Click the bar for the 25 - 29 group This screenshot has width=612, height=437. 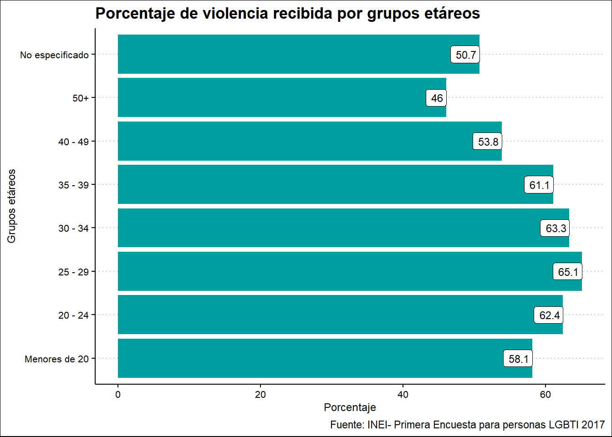tap(319, 271)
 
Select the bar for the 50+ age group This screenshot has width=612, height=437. tap(273, 97)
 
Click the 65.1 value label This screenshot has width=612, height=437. tap(568, 272)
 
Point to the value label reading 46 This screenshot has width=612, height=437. tap(437, 98)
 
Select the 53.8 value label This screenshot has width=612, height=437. tap(488, 142)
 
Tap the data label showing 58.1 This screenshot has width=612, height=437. tap(518, 359)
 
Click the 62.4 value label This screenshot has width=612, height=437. tap(549, 315)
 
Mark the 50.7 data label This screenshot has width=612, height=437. tap(465, 55)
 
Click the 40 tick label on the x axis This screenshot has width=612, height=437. tap(403, 395)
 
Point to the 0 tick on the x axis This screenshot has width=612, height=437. tap(118, 395)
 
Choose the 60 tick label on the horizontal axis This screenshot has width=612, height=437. tap(545, 395)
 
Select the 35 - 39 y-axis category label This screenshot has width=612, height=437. tap(73, 185)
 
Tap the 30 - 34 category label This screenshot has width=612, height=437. tap(73, 229)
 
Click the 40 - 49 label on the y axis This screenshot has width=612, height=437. tap(73, 142)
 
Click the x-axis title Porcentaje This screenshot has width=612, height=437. tap(350, 407)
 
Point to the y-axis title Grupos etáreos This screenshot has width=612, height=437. tap(11, 206)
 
